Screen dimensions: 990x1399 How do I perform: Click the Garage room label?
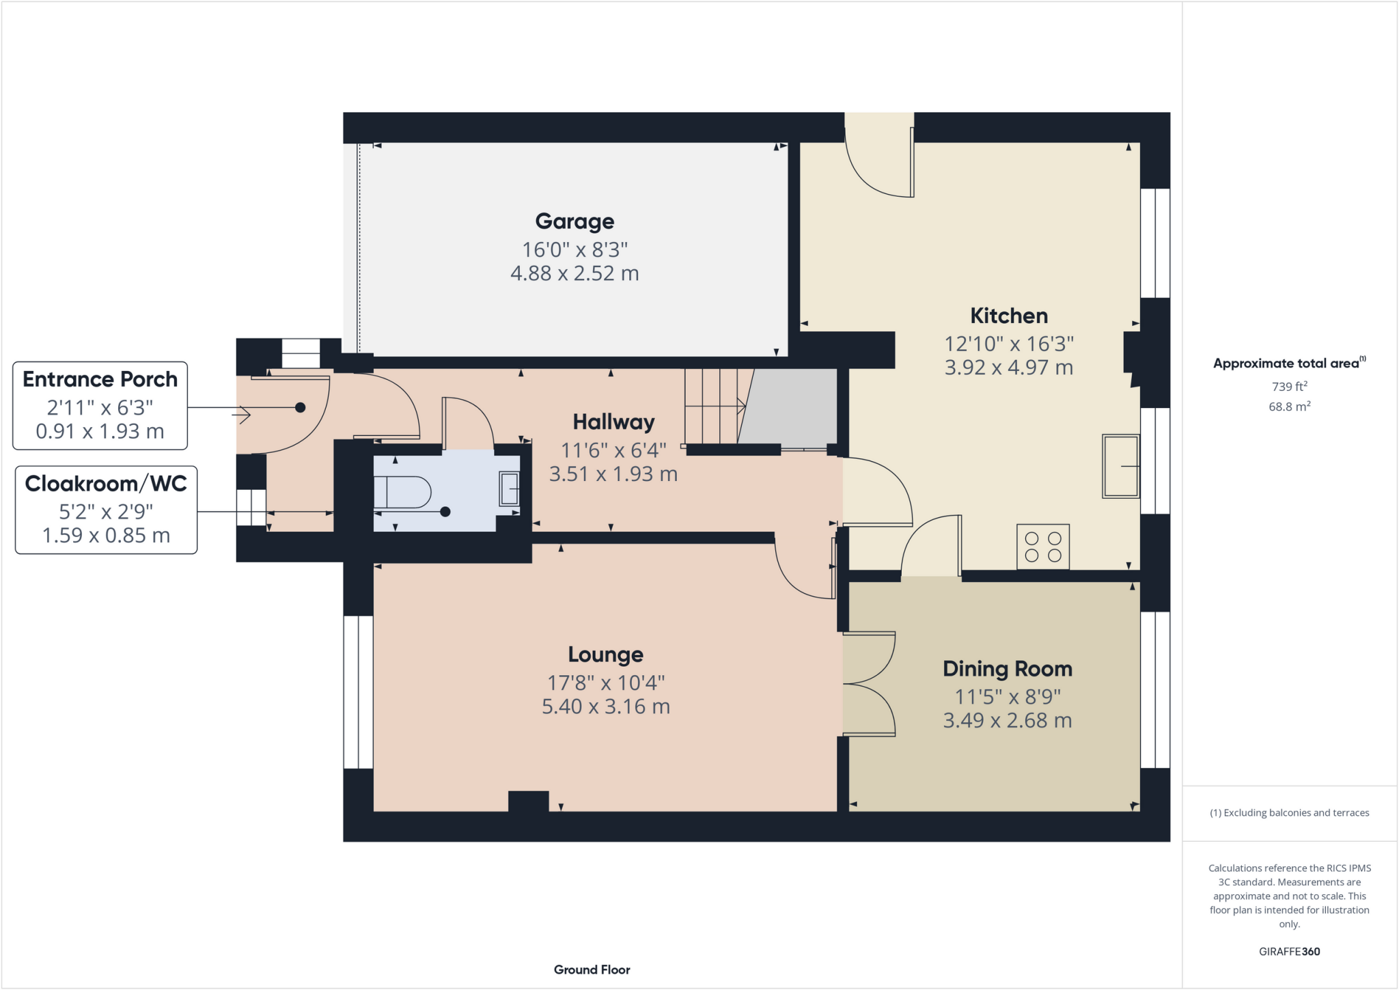pos(574,221)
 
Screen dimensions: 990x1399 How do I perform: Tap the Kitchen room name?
pos(1009,316)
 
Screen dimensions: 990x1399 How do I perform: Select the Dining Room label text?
pos(1008,669)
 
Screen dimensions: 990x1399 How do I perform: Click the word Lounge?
pos(606,655)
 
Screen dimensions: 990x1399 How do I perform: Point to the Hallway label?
pos(613,422)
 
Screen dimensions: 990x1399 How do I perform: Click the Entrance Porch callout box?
pos(100,405)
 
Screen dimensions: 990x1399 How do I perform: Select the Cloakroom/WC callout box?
pos(106,510)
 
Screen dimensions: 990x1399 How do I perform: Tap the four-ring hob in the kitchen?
pos(1043,547)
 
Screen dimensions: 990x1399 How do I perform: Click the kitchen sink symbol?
pos(1121,466)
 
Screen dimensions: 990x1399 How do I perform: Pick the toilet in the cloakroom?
pos(403,492)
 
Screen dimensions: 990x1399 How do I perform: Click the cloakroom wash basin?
pos(510,489)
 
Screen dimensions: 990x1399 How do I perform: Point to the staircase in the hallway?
pos(714,407)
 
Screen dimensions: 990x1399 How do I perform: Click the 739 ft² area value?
pos(1289,386)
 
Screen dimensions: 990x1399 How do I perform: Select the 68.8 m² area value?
pos(1289,407)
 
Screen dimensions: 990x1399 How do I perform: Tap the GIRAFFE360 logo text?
pos(1289,951)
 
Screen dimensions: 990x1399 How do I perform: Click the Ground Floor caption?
pos(592,970)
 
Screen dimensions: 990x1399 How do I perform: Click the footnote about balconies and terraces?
pos(1289,812)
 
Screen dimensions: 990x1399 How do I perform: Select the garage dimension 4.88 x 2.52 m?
pos(574,273)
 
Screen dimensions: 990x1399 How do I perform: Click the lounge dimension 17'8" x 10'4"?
pos(606,682)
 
